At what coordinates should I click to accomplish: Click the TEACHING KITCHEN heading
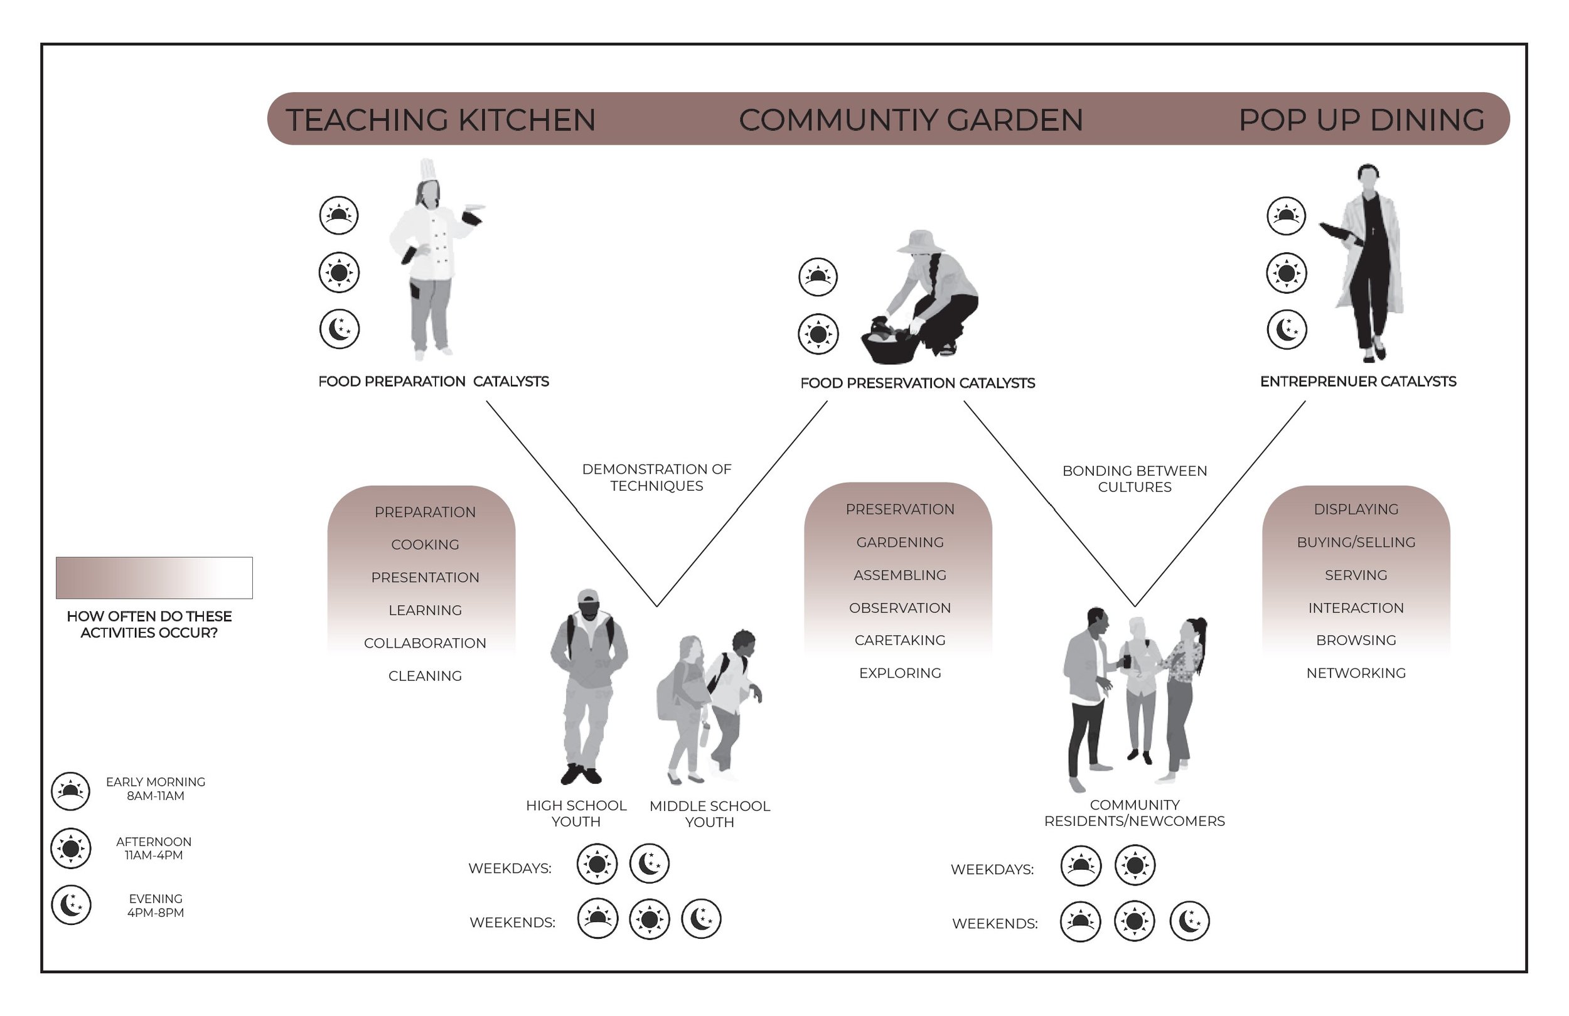(441, 120)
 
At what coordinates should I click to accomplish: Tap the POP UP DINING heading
(1361, 120)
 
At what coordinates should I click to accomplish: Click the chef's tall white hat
(428, 169)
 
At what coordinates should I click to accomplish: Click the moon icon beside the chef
(340, 329)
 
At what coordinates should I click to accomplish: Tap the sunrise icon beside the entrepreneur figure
(1285, 216)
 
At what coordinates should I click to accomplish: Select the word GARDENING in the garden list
(900, 542)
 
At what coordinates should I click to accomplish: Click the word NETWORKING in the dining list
(1356, 673)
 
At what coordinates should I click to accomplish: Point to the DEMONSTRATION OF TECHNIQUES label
(656, 478)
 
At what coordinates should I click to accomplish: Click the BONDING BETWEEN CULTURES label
(1135, 479)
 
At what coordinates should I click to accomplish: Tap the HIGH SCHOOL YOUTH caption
(576, 813)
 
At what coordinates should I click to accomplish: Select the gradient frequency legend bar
(154, 577)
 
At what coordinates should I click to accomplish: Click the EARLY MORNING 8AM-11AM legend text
(156, 789)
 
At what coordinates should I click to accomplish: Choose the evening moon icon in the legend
(71, 904)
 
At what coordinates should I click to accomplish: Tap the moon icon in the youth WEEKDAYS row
(650, 863)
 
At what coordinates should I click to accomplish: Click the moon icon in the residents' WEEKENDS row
(1189, 921)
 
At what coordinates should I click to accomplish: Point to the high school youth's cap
(588, 597)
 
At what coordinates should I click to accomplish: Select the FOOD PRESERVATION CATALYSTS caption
(917, 383)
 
